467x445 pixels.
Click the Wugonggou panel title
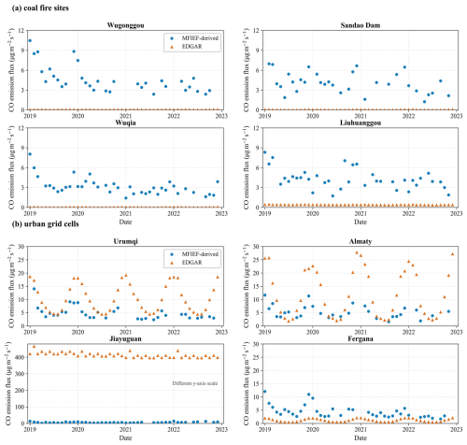[125, 25]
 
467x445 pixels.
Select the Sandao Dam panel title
[361, 25]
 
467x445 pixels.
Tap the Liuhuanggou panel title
[361, 122]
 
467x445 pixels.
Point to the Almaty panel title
[361, 241]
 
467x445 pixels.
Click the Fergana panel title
[361, 338]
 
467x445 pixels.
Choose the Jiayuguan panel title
[125, 338]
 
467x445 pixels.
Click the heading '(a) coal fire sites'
[40, 8]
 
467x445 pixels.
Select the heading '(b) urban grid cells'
[45, 224]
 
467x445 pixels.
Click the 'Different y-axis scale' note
[195, 383]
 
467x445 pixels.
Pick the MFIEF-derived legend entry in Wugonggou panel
[193, 38]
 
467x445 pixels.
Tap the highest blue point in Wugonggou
[30, 40]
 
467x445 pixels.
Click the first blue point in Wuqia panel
[30, 154]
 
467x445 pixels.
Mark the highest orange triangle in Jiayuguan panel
[34, 347]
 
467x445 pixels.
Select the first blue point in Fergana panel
[264, 392]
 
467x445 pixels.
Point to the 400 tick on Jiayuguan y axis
[21, 357]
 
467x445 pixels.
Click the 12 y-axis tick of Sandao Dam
[256, 31]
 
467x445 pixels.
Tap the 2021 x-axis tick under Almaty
[361, 332]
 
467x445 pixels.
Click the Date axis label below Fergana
[361, 438]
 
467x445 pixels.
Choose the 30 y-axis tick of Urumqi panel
[21, 247]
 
